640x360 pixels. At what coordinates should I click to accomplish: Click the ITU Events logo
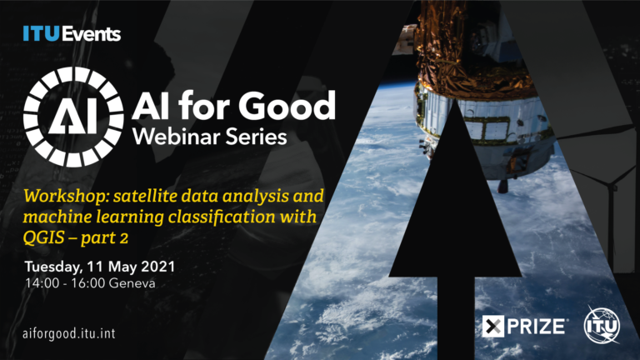(x=72, y=33)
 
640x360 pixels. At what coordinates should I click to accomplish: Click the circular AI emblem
(x=73, y=117)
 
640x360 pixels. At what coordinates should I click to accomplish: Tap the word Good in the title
(x=287, y=106)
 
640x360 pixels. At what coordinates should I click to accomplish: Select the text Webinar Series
(x=210, y=137)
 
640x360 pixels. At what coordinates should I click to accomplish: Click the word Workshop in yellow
(x=66, y=197)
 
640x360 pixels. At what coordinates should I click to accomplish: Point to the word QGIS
(x=43, y=237)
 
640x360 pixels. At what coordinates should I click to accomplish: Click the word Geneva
(x=132, y=283)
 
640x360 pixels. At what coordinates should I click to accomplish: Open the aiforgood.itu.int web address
(x=69, y=334)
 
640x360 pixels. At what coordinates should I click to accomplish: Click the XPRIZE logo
(x=524, y=326)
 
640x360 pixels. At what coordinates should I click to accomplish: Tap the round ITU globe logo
(x=602, y=325)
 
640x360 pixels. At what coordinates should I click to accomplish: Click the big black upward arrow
(x=456, y=228)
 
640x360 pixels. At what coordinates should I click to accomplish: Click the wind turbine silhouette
(x=610, y=192)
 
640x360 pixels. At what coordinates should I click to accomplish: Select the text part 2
(x=104, y=238)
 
